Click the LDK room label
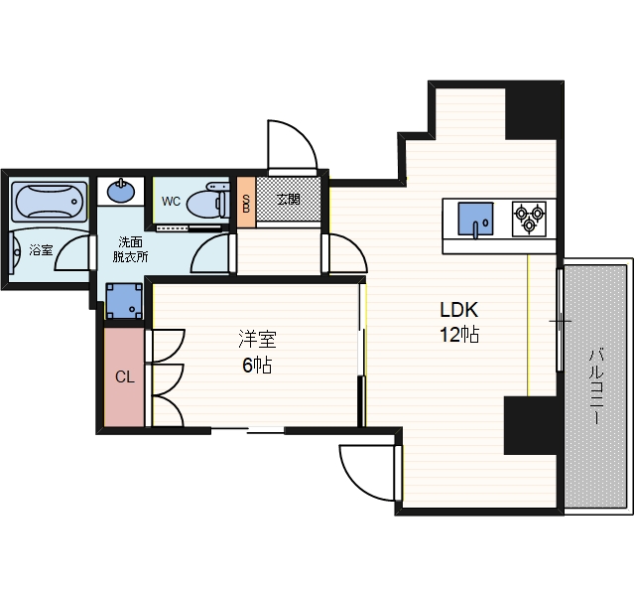(458, 310)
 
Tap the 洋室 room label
(257, 340)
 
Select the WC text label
(171, 201)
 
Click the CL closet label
(124, 377)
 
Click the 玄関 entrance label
(289, 200)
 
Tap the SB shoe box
(246, 203)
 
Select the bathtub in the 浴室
(50, 202)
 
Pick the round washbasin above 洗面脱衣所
(121, 191)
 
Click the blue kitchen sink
(475, 219)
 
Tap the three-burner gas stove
(529, 219)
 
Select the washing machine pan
(124, 301)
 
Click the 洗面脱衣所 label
(130, 249)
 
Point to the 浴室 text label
(41, 249)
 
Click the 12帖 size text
(459, 335)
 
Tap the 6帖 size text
(257, 366)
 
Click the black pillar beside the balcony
(531, 425)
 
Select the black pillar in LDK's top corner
(531, 113)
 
